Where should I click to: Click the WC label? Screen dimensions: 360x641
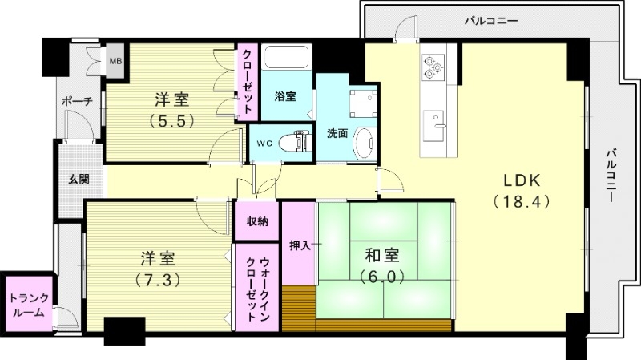tap(264, 144)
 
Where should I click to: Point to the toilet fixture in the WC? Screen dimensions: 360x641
tap(297, 142)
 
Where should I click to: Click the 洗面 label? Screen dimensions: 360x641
tap(337, 134)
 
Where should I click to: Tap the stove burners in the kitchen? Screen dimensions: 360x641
tap(433, 66)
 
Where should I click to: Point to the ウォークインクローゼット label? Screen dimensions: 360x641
tap(257, 286)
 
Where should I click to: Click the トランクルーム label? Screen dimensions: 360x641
tap(29, 305)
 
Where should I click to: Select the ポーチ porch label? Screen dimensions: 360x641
tap(77, 101)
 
